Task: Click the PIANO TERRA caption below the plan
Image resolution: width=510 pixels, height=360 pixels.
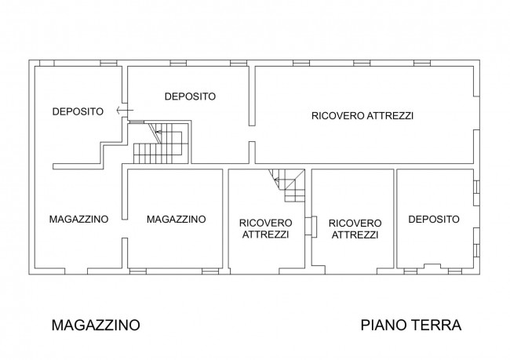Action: pos(410,324)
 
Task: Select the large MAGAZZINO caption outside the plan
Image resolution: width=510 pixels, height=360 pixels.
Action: pos(96,324)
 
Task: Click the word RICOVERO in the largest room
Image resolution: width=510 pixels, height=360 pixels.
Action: pos(337,116)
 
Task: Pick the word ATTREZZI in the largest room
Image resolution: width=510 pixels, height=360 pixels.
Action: pos(390,116)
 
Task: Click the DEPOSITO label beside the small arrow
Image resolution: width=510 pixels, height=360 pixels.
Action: pos(78,111)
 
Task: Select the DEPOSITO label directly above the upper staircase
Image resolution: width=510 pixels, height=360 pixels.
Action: pos(190,96)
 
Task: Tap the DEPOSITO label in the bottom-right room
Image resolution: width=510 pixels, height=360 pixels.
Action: pos(433,219)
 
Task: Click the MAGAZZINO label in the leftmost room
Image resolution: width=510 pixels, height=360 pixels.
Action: pos(77,219)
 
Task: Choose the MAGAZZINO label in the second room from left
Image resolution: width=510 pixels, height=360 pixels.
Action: pos(176,219)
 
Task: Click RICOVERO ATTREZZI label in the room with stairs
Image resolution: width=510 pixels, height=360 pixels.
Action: pos(265,228)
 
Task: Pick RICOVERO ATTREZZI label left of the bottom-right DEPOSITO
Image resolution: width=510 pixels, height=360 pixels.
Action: pos(355,228)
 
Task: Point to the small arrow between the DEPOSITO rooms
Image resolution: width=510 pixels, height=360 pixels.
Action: pos(119,111)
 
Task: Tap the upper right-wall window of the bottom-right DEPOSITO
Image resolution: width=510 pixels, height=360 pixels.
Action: pos(477,187)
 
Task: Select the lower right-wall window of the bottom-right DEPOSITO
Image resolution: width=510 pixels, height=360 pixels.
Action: pos(477,250)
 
